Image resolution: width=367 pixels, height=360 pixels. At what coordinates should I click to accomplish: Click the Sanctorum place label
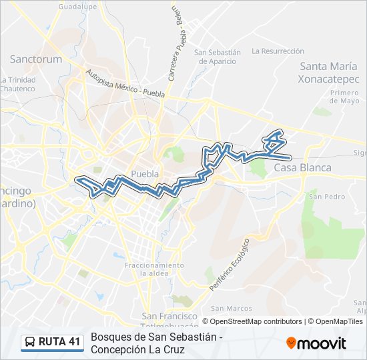[35, 59]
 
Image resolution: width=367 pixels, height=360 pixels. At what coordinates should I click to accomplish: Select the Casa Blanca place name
[302, 167]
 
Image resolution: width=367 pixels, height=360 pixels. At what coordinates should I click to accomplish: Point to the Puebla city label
[145, 174]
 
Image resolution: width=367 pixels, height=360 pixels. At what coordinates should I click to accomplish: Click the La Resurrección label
[278, 51]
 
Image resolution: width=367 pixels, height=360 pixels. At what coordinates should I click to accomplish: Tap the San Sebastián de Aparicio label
[217, 57]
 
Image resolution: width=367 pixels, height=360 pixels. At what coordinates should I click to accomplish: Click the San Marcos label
[231, 308]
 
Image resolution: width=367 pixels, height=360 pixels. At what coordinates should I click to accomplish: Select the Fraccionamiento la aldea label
[154, 269]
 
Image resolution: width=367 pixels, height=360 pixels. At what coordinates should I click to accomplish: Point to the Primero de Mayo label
[344, 97]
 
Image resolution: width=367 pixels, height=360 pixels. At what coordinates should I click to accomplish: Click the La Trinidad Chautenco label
[17, 84]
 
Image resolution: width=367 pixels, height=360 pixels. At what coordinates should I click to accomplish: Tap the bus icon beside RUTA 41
[30, 342]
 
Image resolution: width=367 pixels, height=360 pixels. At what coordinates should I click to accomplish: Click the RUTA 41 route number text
[59, 342]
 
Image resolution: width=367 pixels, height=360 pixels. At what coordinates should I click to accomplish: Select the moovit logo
[316, 343]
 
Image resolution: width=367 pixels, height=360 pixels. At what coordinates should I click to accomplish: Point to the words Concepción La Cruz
[136, 349]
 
